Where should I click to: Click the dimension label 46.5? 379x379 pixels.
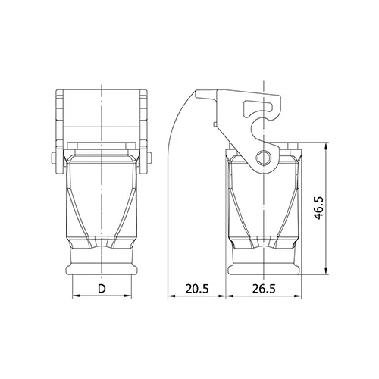pos(319,208)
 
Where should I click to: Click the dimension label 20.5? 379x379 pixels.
pos(197,289)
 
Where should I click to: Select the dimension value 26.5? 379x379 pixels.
pos(264,289)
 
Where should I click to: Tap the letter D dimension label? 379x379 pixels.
pos(102,289)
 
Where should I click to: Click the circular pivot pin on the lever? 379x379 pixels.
pos(264,158)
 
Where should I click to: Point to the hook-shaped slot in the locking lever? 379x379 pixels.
pos(258,108)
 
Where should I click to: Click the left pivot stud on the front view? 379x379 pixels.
pos(54,158)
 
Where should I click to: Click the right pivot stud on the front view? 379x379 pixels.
pos(149,158)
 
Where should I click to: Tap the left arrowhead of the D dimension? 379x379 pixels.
pos(76,296)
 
